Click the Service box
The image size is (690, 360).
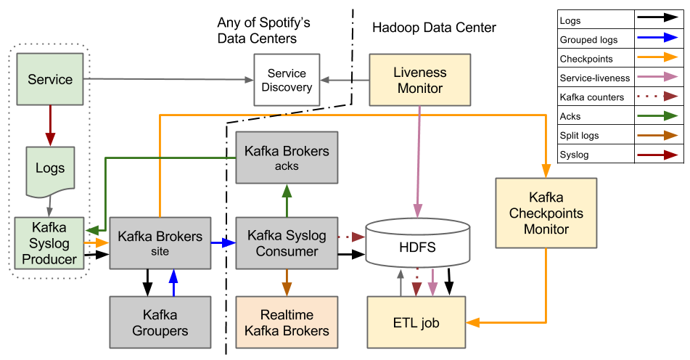click(50, 79)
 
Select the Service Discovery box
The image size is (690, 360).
click(287, 80)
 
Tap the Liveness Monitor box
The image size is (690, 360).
click(420, 80)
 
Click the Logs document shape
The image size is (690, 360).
click(50, 169)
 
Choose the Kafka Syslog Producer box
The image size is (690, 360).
click(49, 242)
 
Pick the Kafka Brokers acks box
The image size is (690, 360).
click(287, 157)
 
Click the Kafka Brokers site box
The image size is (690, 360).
click(160, 242)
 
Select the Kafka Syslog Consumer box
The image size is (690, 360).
click(287, 242)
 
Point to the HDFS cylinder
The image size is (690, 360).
click(417, 247)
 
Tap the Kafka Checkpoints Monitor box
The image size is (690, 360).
click(546, 213)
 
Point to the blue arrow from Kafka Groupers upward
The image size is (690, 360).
click(173, 282)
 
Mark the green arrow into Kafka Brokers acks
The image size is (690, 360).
click(287, 200)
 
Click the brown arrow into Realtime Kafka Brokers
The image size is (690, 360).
click(287, 282)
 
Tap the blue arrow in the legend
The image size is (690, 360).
click(657, 37)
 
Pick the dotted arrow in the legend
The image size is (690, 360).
click(657, 96)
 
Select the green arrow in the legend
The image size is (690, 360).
click(657, 115)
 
